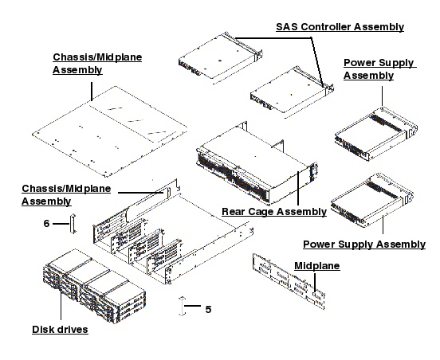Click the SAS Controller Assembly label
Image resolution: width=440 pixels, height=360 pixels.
pyautogui.click(x=340, y=27)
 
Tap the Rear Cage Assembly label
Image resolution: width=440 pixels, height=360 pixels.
pyautogui.click(x=273, y=211)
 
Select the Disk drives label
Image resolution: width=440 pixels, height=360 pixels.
pyautogui.click(x=61, y=329)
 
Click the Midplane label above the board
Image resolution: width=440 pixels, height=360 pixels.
pyautogui.click(x=317, y=264)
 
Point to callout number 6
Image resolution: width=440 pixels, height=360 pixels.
pyautogui.click(x=47, y=224)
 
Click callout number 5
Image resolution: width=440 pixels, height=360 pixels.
pyautogui.click(x=208, y=309)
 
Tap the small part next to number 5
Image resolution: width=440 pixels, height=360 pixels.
pyautogui.click(x=184, y=309)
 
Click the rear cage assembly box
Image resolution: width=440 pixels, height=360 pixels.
pyautogui.click(x=251, y=163)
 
